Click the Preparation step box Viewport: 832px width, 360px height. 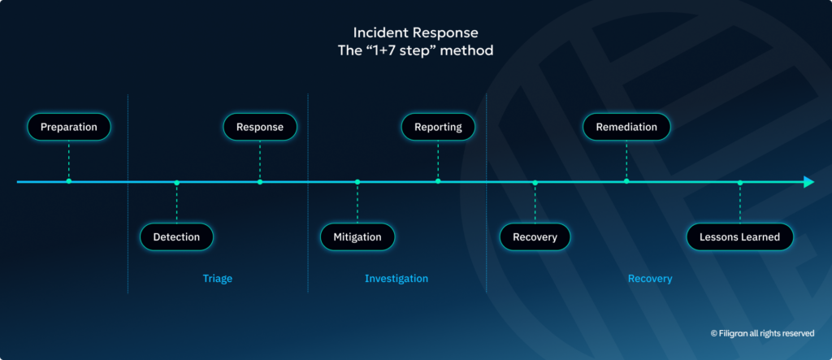(x=68, y=127)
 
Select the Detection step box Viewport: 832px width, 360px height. (x=176, y=237)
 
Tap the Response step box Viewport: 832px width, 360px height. (x=260, y=127)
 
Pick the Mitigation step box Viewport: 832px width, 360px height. (x=357, y=237)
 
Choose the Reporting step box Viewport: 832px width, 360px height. (x=438, y=127)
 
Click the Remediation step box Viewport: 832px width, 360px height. (x=626, y=127)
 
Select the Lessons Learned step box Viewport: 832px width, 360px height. (x=739, y=237)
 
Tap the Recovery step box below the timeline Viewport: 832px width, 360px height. (x=535, y=237)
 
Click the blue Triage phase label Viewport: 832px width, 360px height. (x=217, y=279)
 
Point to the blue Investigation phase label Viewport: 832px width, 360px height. (x=396, y=279)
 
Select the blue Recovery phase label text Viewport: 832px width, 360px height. (x=650, y=279)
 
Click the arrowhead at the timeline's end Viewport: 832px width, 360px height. (x=808, y=182)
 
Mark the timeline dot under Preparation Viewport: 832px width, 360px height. (x=68, y=181)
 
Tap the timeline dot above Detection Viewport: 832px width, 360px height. (x=176, y=182)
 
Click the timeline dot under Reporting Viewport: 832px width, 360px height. (x=438, y=181)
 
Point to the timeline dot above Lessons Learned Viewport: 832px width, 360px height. (x=739, y=182)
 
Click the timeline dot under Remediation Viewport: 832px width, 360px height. (x=626, y=181)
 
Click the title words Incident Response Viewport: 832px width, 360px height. (x=415, y=33)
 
